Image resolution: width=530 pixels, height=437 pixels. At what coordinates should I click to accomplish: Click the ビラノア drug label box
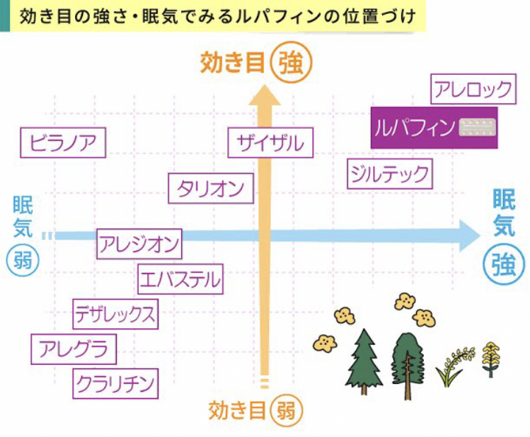point(63,143)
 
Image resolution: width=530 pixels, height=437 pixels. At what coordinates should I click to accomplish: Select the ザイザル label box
point(270,143)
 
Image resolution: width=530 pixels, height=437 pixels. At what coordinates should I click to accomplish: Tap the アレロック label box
point(473,89)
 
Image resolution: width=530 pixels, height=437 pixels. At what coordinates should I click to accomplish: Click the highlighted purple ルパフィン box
point(434,128)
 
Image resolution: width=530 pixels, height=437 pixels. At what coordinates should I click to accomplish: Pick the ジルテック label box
point(390,173)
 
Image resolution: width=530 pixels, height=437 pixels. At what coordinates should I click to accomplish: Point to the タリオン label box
point(211,188)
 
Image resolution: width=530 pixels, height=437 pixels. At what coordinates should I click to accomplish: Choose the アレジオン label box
point(139,244)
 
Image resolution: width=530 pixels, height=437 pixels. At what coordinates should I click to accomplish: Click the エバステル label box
point(180,279)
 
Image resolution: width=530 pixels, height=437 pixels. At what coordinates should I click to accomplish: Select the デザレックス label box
point(115,314)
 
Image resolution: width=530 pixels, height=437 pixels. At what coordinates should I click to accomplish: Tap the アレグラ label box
point(74,349)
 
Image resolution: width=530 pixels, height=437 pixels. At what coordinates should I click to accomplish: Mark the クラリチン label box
point(115,384)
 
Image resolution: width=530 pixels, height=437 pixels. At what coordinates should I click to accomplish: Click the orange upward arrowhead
point(265,95)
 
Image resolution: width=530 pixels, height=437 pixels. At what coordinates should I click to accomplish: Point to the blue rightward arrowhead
point(470,235)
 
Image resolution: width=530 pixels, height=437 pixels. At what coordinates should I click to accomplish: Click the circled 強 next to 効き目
point(292,63)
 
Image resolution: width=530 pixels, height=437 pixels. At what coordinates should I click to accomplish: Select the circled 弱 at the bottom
point(287,411)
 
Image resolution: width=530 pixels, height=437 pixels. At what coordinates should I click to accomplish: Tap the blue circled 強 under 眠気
point(504,264)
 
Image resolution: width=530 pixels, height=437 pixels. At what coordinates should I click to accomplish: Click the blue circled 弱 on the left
point(23,261)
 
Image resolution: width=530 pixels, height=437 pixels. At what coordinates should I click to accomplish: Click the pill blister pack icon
point(477,127)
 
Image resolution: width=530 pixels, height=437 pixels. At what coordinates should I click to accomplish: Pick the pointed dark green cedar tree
point(364,362)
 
